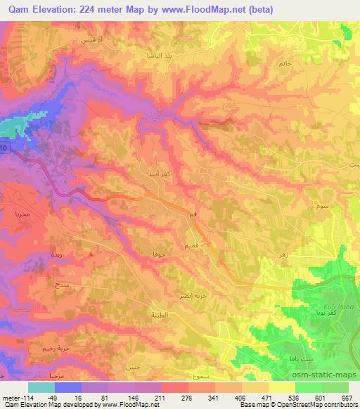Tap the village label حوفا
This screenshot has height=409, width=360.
(159, 251)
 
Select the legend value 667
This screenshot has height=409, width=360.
(344, 397)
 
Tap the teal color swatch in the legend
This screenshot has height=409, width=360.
(41, 387)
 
